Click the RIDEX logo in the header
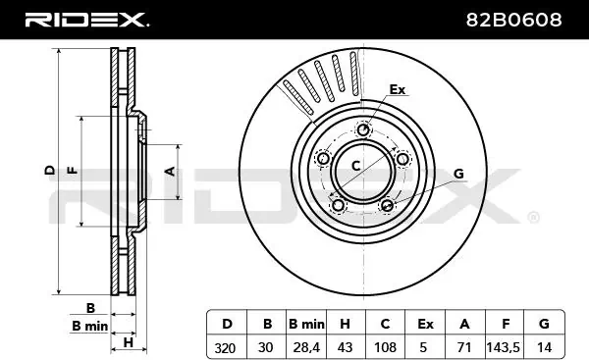click(86, 20)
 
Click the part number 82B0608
click(513, 20)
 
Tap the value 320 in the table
click(225, 348)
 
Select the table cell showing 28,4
click(306, 347)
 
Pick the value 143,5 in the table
click(503, 347)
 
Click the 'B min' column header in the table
click(306, 324)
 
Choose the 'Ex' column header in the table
click(425, 324)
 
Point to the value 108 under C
click(386, 347)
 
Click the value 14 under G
click(544, 347)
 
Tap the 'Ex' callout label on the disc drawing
click(397, 89)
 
